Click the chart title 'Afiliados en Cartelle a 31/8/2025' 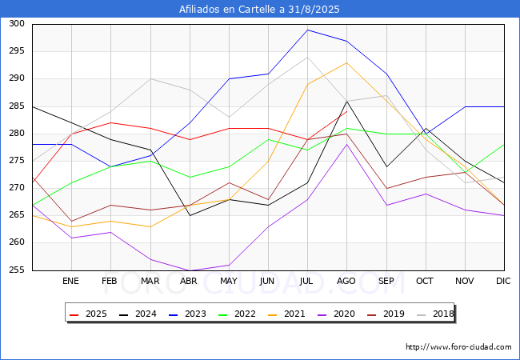pos(260,10)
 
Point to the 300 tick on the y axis pos(17,24)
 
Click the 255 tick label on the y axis pos(17,270)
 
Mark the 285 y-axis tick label pos(17,106)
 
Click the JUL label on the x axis pos(307,281)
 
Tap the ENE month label pos(71,281)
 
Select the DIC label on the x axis pos(503,281)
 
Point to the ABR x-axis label pos(190,281)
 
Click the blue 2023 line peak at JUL pos(307,30)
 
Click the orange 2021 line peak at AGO pos(346,62)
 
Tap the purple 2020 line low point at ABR pos(190,270)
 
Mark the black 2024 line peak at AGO pos(346,101)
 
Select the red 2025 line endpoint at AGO pos(346,112)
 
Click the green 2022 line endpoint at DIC pos(503,145)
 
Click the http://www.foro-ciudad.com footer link pos(458,347)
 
